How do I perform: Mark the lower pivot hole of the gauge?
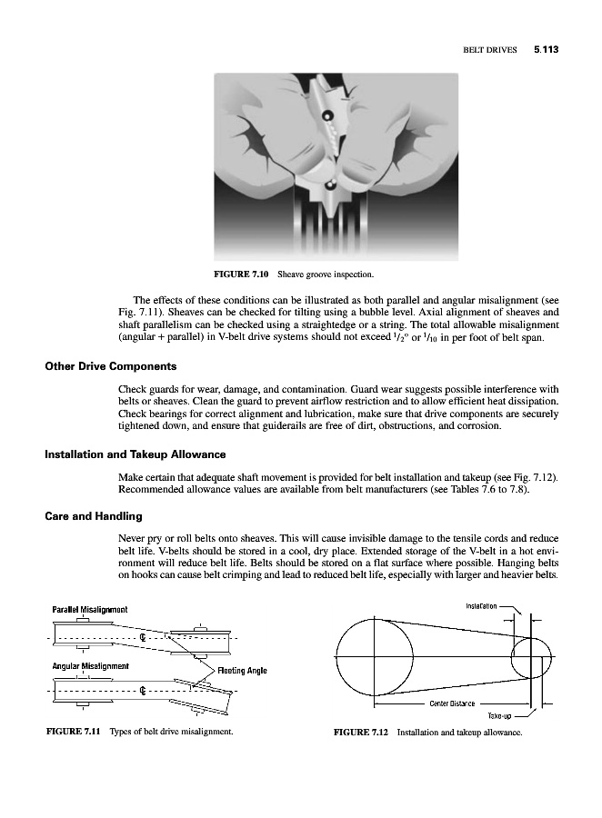click(x=331, y=185)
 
